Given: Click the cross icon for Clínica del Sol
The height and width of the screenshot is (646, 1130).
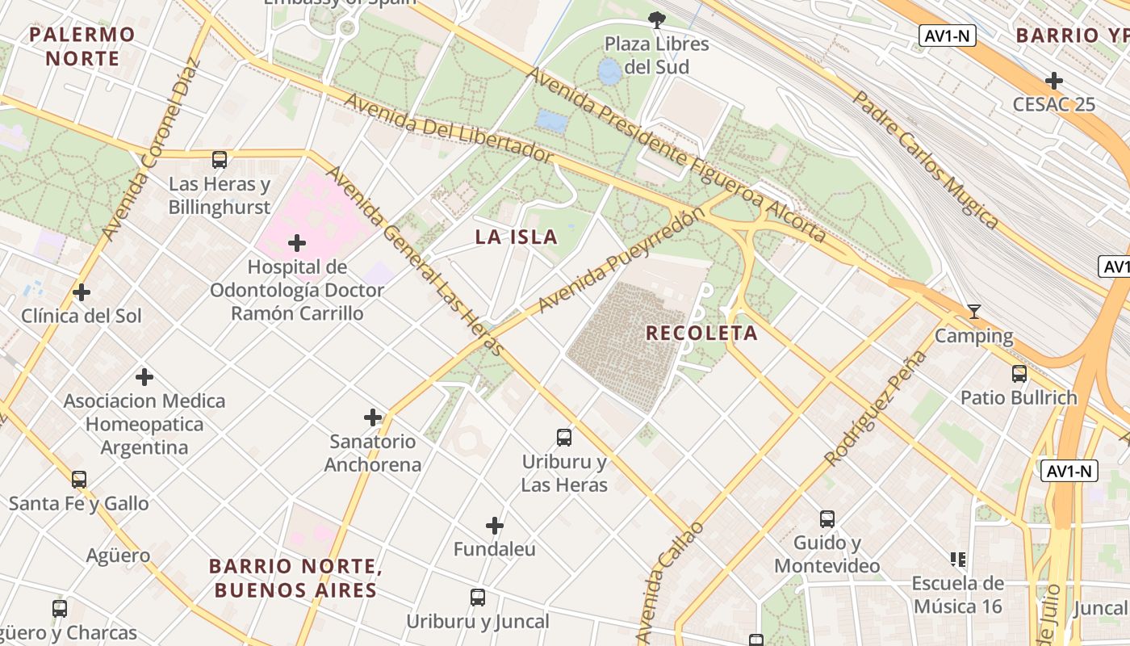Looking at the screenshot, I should pos(82,292).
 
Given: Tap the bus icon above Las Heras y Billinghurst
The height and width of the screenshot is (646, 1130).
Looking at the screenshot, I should pos(220,159).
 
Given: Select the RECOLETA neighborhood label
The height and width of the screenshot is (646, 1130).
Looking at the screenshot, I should pos(701,333).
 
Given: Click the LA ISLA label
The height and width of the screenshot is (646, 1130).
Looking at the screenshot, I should pos(516,237).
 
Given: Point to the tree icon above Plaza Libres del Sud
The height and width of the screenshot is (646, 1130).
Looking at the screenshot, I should pos(657,19).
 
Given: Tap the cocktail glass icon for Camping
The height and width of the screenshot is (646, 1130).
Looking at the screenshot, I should pos(974,312).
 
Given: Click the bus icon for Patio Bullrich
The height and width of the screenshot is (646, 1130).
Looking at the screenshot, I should pos(1019,374).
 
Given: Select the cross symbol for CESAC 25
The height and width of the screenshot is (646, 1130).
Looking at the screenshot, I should pos(1053,81).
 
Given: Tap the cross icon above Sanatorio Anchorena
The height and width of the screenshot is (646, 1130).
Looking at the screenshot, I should pos(372,417).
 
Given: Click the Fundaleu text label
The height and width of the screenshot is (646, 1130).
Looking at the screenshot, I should pos(494,549).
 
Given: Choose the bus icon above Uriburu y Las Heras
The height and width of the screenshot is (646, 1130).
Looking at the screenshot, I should pos(564,438).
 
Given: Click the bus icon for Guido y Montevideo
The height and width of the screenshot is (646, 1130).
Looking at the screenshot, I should pos(827,519).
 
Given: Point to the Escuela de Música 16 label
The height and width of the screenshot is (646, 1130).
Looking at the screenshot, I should pos(957,594).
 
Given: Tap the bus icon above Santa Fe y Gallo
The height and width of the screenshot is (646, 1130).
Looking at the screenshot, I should pos(78,480).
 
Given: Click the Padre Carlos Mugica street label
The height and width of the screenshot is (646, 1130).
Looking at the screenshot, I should pos(927,159).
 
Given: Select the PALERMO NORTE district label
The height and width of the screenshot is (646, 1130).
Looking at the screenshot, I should pos(82,46).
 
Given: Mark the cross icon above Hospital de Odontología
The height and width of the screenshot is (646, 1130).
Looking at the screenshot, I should pos(297,242).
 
